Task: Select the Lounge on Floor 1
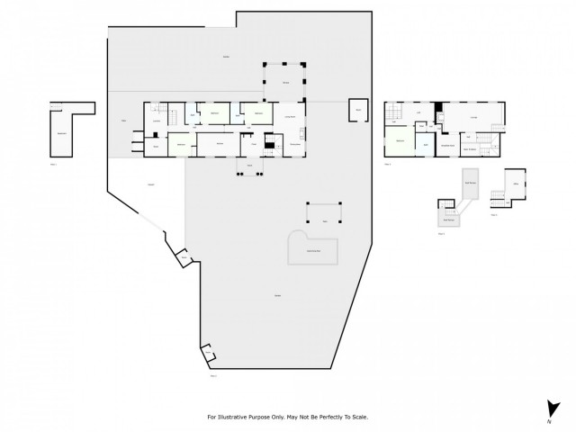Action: (x=473, y=117)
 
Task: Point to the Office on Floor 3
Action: (x=516, y=184)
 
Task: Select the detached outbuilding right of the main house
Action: (x=358, y=109)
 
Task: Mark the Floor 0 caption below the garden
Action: (x=214, y=375)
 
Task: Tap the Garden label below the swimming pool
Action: (x=275, y=297)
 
